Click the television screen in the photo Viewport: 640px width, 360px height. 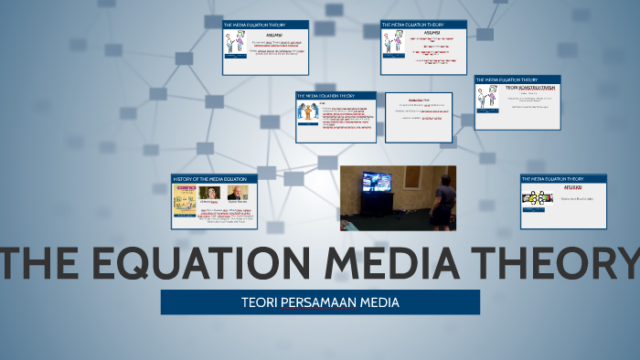tap(377, 182)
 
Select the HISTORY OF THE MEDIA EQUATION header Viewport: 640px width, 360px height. tap(210, 178)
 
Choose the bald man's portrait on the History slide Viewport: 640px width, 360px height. tap(237, 193)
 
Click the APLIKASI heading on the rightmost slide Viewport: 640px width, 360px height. tap(536, 187)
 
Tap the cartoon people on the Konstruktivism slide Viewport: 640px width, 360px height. tap(487, 96)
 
